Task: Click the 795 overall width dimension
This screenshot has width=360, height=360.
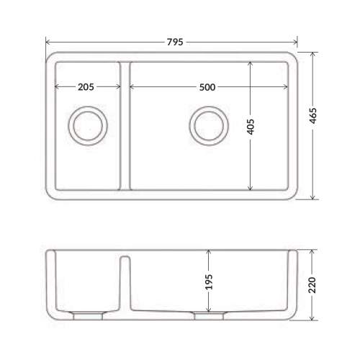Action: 175,42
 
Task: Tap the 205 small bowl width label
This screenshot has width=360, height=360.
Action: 86,87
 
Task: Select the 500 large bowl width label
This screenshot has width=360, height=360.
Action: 207,87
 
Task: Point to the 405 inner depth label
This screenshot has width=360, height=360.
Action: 251,127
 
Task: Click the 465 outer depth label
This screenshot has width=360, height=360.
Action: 312,116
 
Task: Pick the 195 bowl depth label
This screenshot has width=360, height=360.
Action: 209,282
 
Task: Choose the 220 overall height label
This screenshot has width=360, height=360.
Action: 312,285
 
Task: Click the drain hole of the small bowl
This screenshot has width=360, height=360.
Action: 88,126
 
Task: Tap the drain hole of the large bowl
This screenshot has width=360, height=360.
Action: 209,126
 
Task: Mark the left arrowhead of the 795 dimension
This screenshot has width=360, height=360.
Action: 48,42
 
